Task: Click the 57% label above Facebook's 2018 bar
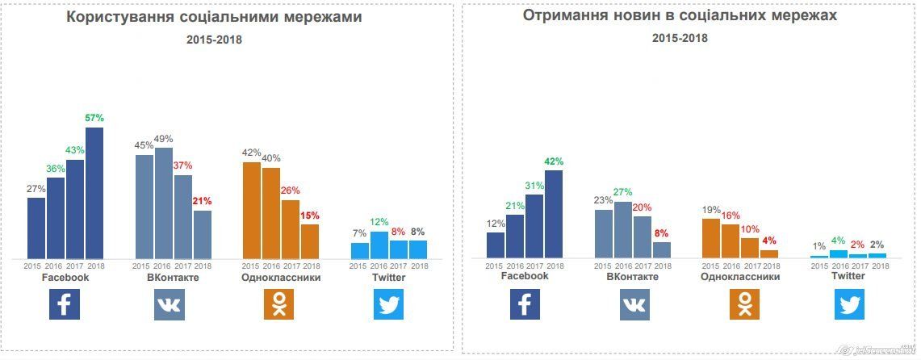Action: [x=94, y=118]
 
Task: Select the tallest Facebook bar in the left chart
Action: [x=94, y=194]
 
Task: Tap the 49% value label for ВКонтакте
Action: [x=163, y=139]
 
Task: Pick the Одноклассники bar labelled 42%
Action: [x=252, y=211]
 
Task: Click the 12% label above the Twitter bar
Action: [x=379, y=222]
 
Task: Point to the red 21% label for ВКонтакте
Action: [x=202, y=201]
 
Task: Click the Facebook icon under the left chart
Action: [x=65, y=303]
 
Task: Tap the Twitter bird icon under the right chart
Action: [x=848, y=304]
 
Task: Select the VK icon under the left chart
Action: [x=169, y=303]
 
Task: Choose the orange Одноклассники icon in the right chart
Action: [x=744, y=304]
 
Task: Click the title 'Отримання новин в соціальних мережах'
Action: [x=680, y=15]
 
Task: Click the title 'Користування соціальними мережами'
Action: [x=214, y=17]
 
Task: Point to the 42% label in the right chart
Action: [x=554, y=161]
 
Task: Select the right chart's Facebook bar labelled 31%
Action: [x=534, y=226]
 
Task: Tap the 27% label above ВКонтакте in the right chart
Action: [x=623, y=192]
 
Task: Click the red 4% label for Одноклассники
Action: [x=769, y=241]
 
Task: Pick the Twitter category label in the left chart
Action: [x=388, y=278]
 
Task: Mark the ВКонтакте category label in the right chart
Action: [x=632, y=277]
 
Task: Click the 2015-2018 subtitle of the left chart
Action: [x=214, y=40]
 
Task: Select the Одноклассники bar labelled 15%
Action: [x=310, y=241]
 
